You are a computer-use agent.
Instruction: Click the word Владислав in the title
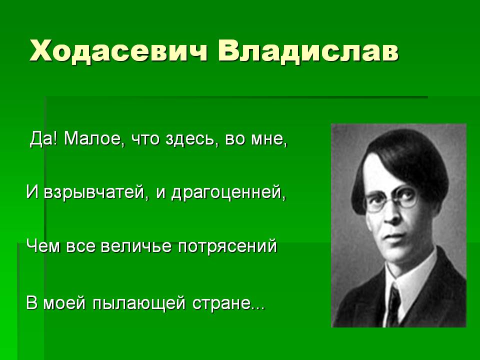coord(308,51)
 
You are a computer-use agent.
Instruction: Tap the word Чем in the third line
coord(43,246)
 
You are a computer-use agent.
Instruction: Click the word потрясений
coord(227,246)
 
